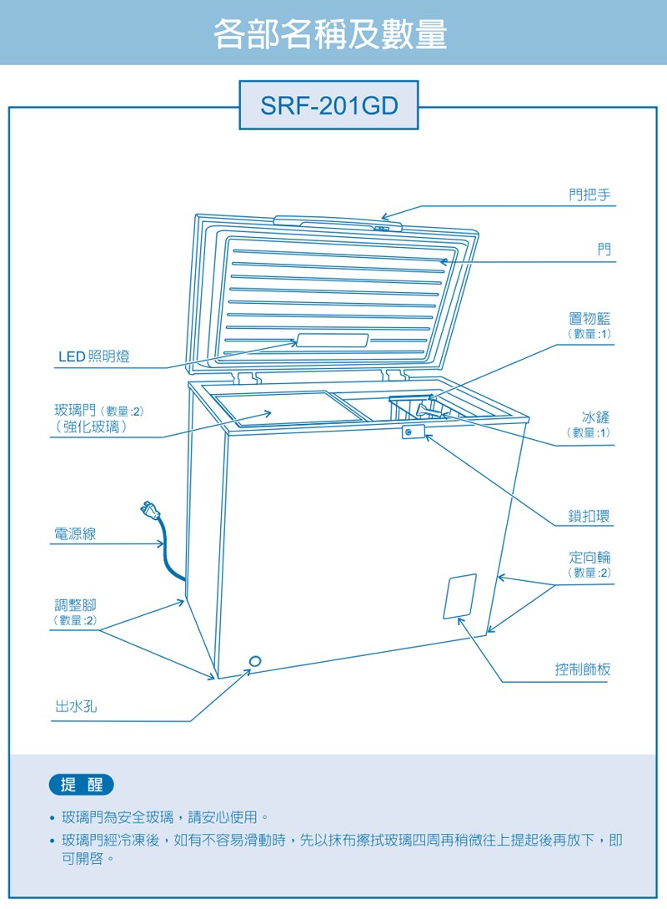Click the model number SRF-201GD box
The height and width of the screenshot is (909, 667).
328,106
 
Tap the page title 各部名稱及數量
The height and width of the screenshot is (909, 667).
331,33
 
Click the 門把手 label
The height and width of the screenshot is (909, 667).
589,195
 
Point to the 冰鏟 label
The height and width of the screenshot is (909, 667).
595,417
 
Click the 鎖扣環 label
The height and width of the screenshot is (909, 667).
589,516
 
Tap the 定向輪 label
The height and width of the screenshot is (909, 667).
589,557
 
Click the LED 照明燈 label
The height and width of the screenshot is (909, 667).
93,357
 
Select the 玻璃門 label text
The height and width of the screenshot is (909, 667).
75,411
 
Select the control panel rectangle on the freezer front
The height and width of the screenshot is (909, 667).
460,596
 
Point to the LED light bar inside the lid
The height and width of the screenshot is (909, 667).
333,341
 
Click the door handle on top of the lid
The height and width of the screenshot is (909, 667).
337,223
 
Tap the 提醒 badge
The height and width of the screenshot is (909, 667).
82,785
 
